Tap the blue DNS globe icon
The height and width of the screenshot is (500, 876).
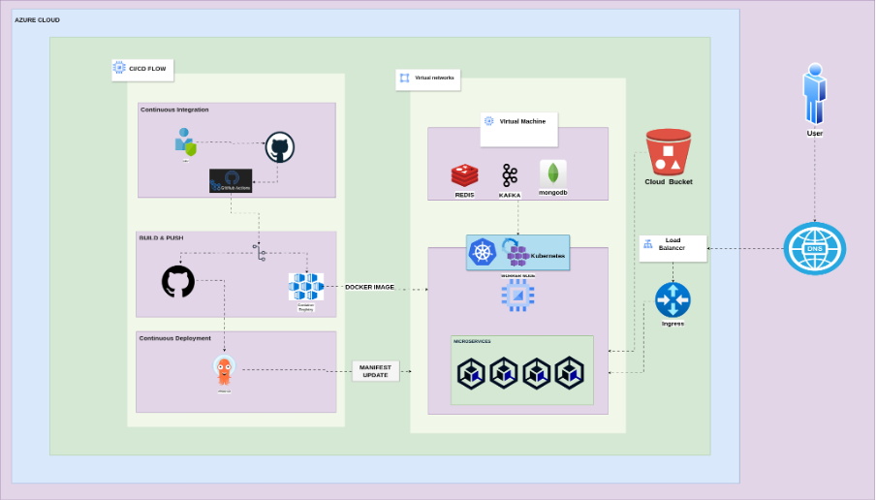point(814,248)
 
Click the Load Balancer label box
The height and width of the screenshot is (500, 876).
point(673,247)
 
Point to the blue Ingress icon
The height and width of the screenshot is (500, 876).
point(673,298)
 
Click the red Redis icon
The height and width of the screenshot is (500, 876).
point(464,175)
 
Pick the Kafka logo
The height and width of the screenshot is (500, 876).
point(510,175)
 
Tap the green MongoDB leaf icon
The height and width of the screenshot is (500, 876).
point(552,173)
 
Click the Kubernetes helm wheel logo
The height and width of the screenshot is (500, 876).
point(482,253)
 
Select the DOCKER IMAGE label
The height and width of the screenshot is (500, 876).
point(369,287)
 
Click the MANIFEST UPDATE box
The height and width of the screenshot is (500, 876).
point(375,370)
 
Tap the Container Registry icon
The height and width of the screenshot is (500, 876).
point(305,287)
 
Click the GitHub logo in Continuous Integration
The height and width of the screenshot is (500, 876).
point(280,147)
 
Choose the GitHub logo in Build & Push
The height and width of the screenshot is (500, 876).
point(178,282)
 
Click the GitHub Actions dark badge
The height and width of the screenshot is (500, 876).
point(231,180)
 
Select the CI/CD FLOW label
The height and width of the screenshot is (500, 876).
point(141,69)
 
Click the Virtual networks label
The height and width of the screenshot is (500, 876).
point(428,78)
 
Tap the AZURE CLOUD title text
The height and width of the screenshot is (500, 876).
point(37,19)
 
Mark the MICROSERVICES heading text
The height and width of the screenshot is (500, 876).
point(472,341)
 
